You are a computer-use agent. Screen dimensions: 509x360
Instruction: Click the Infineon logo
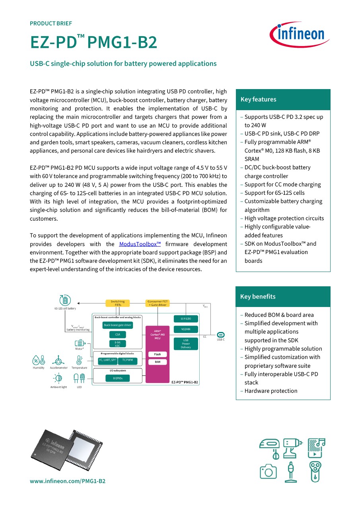(x=300, y=34)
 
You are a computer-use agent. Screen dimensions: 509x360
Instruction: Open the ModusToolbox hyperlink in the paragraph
(x=140, y=244)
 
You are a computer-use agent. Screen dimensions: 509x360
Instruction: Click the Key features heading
(x=258, y=99)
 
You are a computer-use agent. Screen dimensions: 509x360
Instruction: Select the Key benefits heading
(x=258, y=297)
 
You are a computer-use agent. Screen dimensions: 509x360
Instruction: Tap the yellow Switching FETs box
(x=117, y=303)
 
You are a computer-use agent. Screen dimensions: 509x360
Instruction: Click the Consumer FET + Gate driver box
(x=158, y=303)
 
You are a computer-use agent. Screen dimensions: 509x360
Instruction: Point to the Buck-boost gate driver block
(x=117, y=325)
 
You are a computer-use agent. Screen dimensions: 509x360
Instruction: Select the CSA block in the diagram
(x=117, y=334)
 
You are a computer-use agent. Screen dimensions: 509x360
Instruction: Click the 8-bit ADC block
(x=117, y=344)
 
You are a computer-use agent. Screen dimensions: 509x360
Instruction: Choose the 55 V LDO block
(x=186, y=319)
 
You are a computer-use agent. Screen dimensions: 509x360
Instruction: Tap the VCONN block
(x=186, y=329)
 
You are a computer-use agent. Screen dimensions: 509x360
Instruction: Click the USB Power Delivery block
(x=186, y=344)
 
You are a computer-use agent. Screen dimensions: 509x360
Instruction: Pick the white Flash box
(x=158, y=354)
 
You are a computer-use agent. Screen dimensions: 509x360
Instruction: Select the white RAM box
(x=158, y=362)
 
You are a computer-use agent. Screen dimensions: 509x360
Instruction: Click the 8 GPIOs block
(x=117, y=378)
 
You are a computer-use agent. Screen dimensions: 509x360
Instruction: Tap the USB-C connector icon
(x=221, y=334)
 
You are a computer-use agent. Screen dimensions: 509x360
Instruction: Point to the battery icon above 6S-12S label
(x=65, y=300)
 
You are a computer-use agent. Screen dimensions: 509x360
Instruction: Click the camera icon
(x=268, y=471)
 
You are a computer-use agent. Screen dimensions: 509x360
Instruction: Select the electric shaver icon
(x=315, y=472)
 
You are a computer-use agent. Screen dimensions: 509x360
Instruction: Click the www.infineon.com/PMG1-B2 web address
(x=68, y=481)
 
